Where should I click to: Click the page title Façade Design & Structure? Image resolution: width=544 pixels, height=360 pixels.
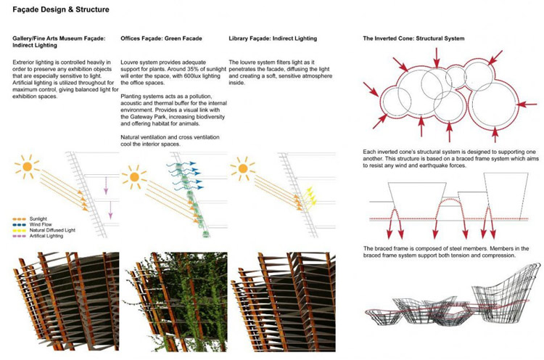61,9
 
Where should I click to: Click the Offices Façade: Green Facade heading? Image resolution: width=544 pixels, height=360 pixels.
161,38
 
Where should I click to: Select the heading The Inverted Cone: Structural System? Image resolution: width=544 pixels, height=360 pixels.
413,38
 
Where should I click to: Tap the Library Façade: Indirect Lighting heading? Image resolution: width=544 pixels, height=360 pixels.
273,38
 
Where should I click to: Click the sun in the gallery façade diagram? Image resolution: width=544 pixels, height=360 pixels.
27,167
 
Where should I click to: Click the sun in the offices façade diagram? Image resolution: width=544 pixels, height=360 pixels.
134,177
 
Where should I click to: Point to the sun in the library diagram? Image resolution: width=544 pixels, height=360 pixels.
243,168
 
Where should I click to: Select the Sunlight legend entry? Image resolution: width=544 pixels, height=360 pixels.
30,219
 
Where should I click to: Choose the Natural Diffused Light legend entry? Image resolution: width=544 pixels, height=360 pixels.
44,230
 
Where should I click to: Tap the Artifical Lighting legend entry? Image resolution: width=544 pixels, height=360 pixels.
38,236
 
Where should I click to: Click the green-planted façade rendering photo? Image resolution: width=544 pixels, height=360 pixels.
176,302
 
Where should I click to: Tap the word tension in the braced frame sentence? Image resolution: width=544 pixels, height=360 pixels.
466,255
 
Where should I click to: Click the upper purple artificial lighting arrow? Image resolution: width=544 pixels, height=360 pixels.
106,186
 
